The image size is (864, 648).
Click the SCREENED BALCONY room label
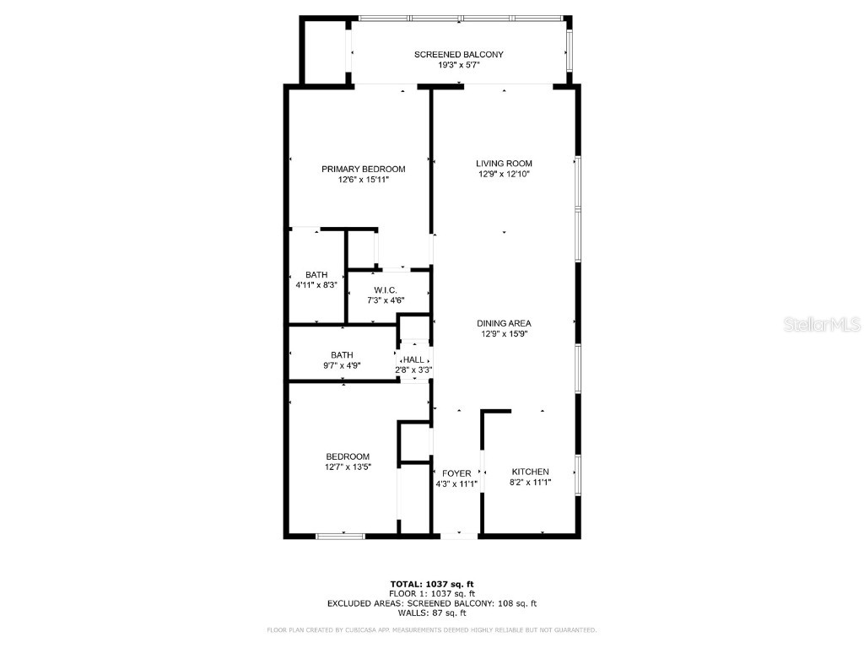click(458, 55)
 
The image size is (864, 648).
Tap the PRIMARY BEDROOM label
click(357, 169)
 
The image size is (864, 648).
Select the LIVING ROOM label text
click(504, 164)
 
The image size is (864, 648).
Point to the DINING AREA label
click(504, 323)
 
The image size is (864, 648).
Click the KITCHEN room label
click(530, 472)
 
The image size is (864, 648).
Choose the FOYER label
click(456, 473)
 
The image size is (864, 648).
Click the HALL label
click(413, 359)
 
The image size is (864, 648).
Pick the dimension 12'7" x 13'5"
click(348, 467)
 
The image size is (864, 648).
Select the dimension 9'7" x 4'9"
click(342, 366)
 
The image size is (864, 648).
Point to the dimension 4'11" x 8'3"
click(316, 285)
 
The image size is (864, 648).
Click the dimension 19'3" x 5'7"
click(458, 65)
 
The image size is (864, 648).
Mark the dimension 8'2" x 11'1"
click(530, 483)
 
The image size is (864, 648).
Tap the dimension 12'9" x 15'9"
click(504, 333)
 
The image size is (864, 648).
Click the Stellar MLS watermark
click(821, 324)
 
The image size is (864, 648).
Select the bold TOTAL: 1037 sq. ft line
click(431, 584)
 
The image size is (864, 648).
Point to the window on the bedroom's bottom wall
click(342, 534)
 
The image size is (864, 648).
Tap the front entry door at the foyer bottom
click(460, 534)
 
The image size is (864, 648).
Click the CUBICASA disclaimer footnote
click(431, 630)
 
